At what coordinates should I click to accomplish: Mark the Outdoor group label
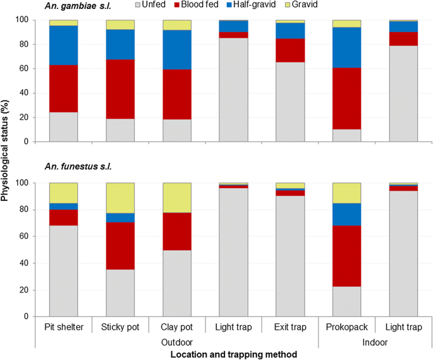point(177,342)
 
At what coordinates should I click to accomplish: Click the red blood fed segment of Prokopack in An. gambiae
point(347,98)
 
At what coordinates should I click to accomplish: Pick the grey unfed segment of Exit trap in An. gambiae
point(290,102)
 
